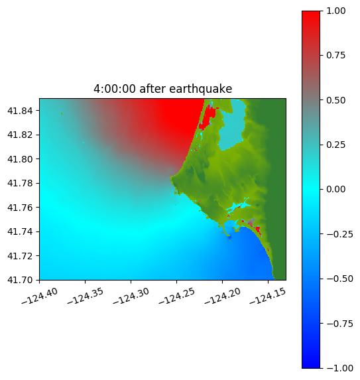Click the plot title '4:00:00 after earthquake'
(163, 89)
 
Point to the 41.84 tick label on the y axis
(20, 111)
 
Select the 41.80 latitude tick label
(20, 159)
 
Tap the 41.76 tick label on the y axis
(20, 208)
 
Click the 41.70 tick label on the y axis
(20, 280)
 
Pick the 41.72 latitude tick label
(20, 256)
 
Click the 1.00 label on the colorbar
(335, 11)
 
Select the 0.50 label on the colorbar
(335, 100)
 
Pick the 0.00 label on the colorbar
(335, 189)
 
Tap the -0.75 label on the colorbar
(339, 324)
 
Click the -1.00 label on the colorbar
(339, 368)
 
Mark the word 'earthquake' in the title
(201, 89)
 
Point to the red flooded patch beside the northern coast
(208, 117)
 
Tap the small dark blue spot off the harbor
(229, 237)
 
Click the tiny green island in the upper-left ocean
(62, 113)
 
